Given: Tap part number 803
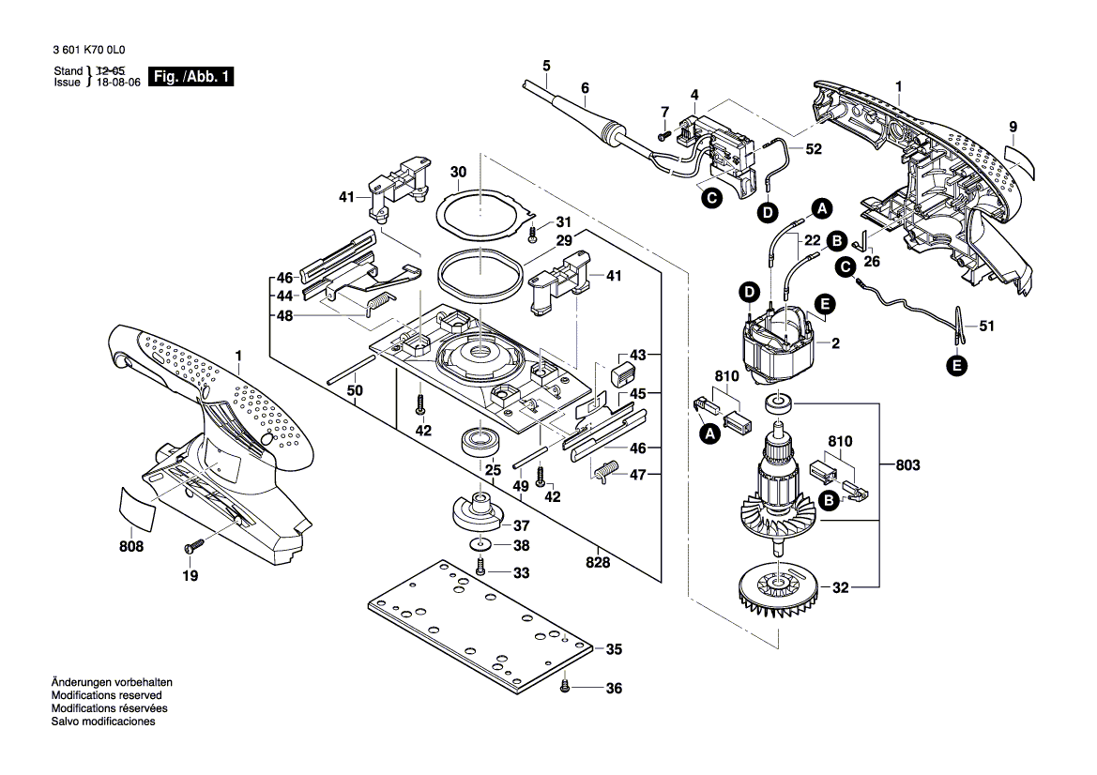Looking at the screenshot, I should pyautogui.click(x=908, y=465).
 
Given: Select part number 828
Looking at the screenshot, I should pyautogui.click(x=597, y=563).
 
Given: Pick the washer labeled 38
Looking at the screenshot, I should pyautogui.click(x=480, y=545).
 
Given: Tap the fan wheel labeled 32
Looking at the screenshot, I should pyautogui.click(x=780, y=589).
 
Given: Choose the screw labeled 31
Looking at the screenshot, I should pyautogui.click(x=533, y=231).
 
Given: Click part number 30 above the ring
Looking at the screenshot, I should pyautogui.click(x=458, y=173).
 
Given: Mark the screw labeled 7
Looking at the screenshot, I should pyautogui.click(x=662, y=135).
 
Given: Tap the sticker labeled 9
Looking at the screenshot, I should pyautogui.click(x=1021, y=161).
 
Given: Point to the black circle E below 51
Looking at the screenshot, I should pyautogui.click(x=956, y=367).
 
